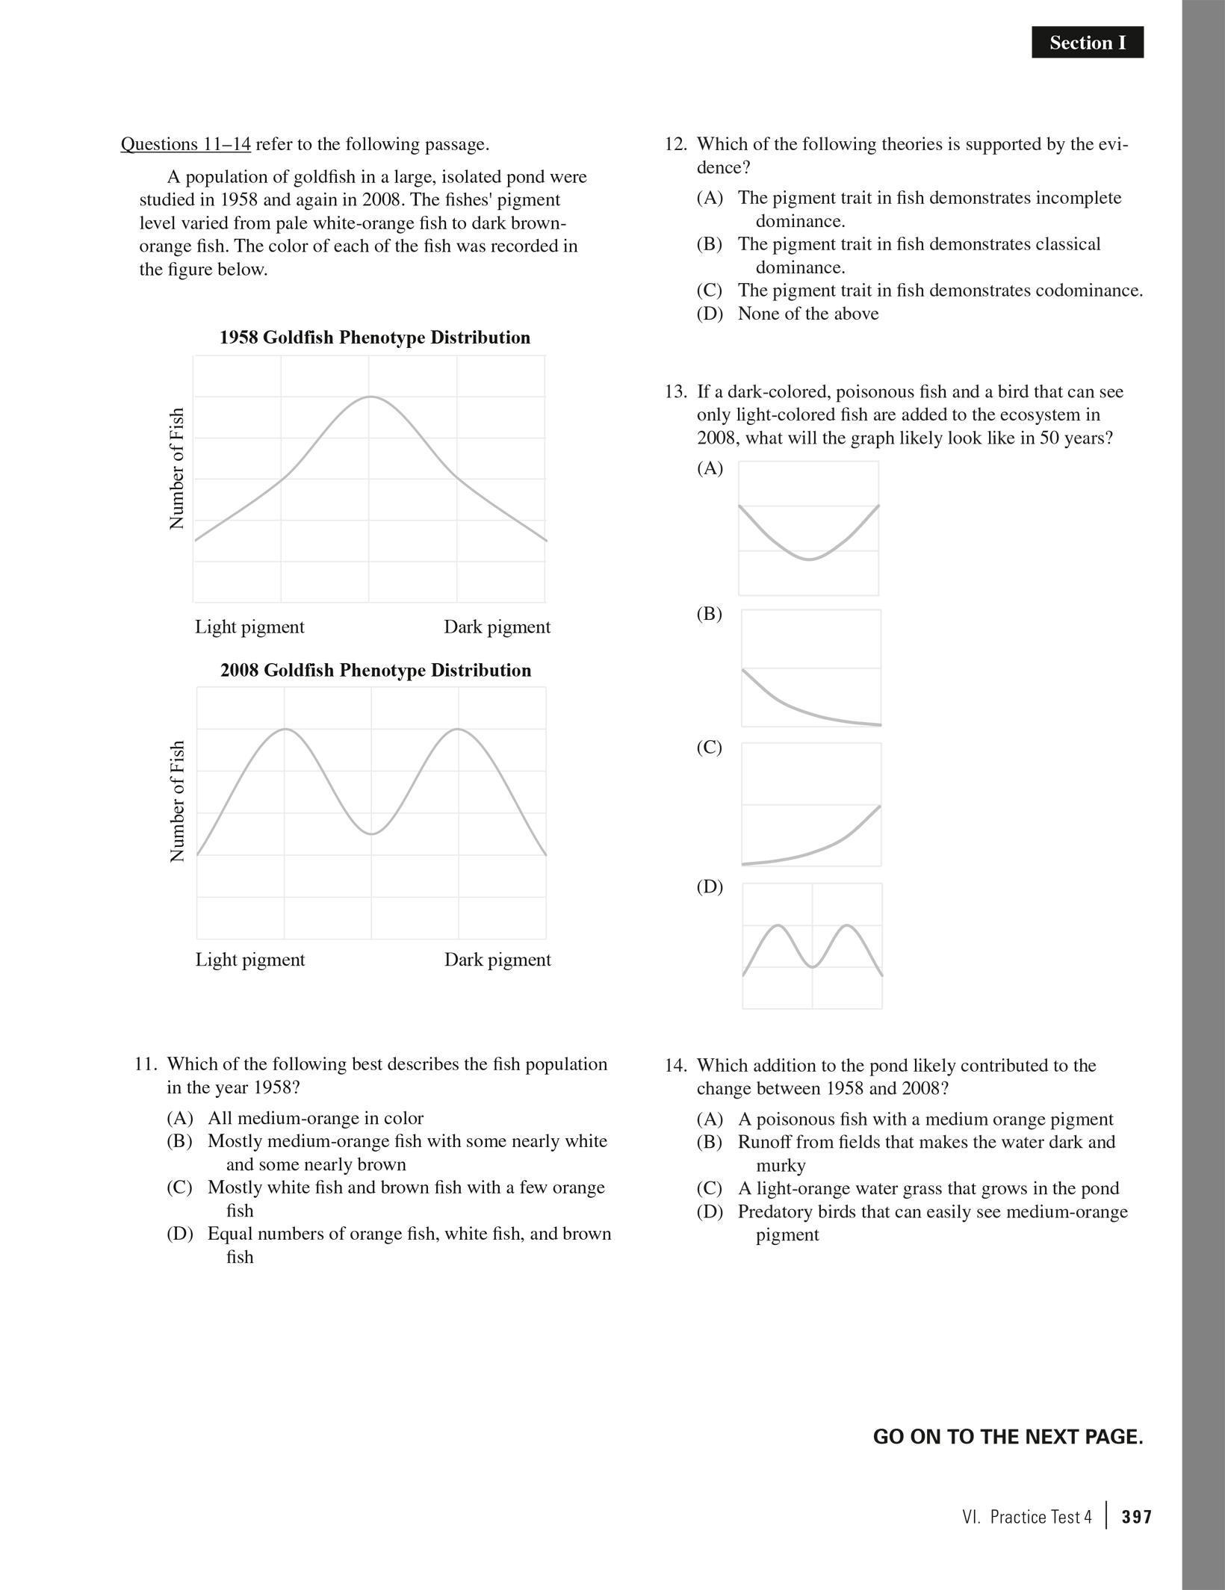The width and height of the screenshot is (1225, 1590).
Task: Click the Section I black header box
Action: (x=1087, y=43)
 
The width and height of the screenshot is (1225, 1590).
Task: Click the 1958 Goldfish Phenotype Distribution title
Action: (x=374, y=338)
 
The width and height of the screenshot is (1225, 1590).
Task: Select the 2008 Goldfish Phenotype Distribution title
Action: (x=375, y=670)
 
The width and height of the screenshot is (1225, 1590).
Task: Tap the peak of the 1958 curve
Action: (x=370, y=397)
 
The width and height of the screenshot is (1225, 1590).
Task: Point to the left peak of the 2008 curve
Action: (x=285, y=729)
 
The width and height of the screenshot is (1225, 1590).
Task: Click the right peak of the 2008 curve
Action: (x=457, y=729)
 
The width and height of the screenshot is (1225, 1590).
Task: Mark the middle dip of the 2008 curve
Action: (x=371, y=833)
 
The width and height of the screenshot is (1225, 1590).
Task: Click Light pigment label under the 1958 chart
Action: (x=249, y=627)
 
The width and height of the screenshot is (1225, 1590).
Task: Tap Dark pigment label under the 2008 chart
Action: (x=497, y=960)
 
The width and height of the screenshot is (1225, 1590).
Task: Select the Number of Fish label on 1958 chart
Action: (x=177, y=468)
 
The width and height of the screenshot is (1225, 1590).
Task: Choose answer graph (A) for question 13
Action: (x=808, y=528)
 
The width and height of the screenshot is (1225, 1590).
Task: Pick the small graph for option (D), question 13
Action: (x=812, y=945)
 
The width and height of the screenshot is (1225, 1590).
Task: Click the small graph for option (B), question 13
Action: (x=810, y=668)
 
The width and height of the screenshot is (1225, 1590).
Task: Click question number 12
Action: (x=675, y=144)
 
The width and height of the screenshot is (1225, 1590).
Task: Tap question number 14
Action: (x=675, y=1066)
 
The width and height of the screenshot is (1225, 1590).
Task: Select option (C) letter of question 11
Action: (x=179, y=1187)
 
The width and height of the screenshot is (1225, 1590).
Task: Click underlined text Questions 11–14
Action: (x=185, y=144)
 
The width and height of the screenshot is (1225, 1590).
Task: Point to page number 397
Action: (x=1136, y=1517)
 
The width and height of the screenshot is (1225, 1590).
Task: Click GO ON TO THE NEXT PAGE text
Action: (x=1008, y=1437)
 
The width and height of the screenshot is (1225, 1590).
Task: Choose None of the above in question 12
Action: (x=807, y=314)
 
